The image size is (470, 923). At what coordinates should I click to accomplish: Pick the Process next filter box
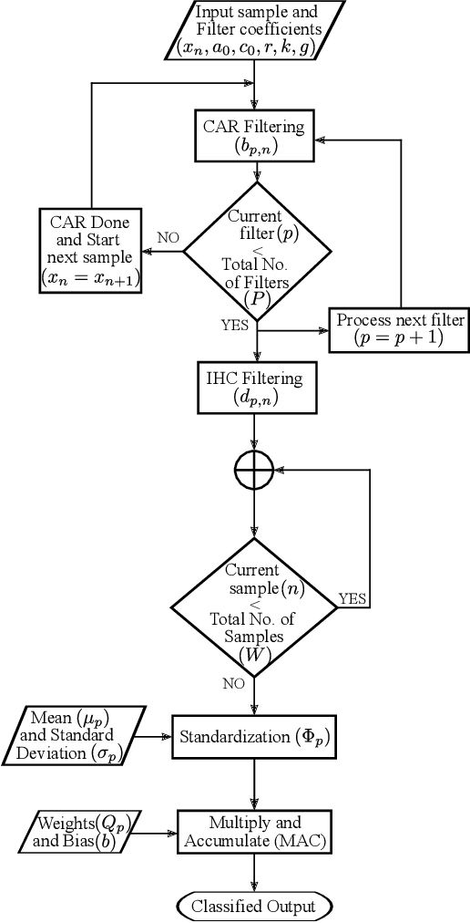[400, 330]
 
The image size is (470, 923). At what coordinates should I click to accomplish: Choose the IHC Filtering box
[256, 386]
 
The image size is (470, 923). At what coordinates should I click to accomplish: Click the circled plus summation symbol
[255, 472]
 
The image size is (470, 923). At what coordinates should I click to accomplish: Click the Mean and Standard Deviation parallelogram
[79, 734]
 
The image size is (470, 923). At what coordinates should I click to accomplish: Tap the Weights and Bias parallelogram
[79, 832]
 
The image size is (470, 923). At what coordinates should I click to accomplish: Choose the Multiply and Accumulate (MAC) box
[255, 832]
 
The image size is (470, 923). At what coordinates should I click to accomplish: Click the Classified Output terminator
[255, 906]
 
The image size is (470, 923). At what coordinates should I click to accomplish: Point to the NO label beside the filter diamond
[168, 237]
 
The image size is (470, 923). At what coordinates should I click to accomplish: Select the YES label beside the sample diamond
[352, 598]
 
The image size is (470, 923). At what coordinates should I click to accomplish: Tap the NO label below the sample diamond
[233, 682]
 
